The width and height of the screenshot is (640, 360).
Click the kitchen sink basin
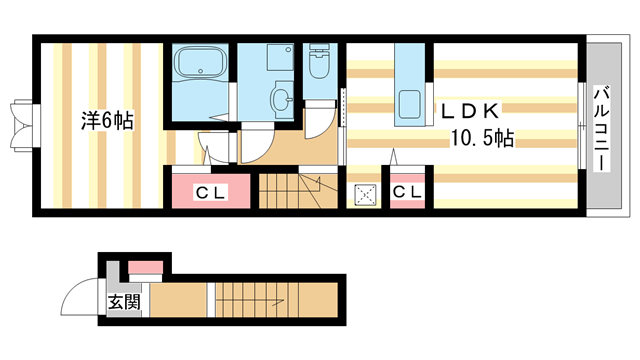(409, 104)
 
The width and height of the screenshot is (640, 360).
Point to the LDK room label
(469, 111)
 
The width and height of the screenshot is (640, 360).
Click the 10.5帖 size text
(482, 138)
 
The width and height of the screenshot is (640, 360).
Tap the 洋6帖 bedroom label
(107, 120)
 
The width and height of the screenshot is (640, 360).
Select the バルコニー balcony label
(602, 129)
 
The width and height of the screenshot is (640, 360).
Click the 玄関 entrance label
(124, 302)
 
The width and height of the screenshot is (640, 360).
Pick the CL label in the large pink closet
(210, 193)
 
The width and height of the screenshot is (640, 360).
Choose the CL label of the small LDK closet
(407, 191)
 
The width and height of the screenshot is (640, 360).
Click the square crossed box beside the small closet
(365, 194)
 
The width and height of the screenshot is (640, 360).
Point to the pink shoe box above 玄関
(146, 268)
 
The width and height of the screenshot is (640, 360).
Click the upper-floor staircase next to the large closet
(298, 191)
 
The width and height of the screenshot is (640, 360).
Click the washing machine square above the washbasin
(280, 57)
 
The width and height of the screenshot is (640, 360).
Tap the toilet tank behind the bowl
(320, 49)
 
